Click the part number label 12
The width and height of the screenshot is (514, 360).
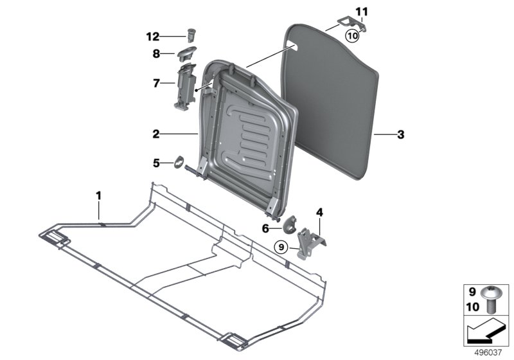coord(152,37)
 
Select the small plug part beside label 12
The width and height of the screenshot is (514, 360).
coord(191,35)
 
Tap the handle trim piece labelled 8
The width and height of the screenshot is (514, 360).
coord(187,53)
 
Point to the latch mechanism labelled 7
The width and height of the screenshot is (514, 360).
coord(185,86)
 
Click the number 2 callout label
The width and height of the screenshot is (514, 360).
coord(156,134)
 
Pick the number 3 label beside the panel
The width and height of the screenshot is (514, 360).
coord(400,134)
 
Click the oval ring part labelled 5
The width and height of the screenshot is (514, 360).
coord(179,162)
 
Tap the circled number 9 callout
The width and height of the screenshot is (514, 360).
coord(281,247)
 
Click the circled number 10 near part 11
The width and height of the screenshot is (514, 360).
coord(352,35)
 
